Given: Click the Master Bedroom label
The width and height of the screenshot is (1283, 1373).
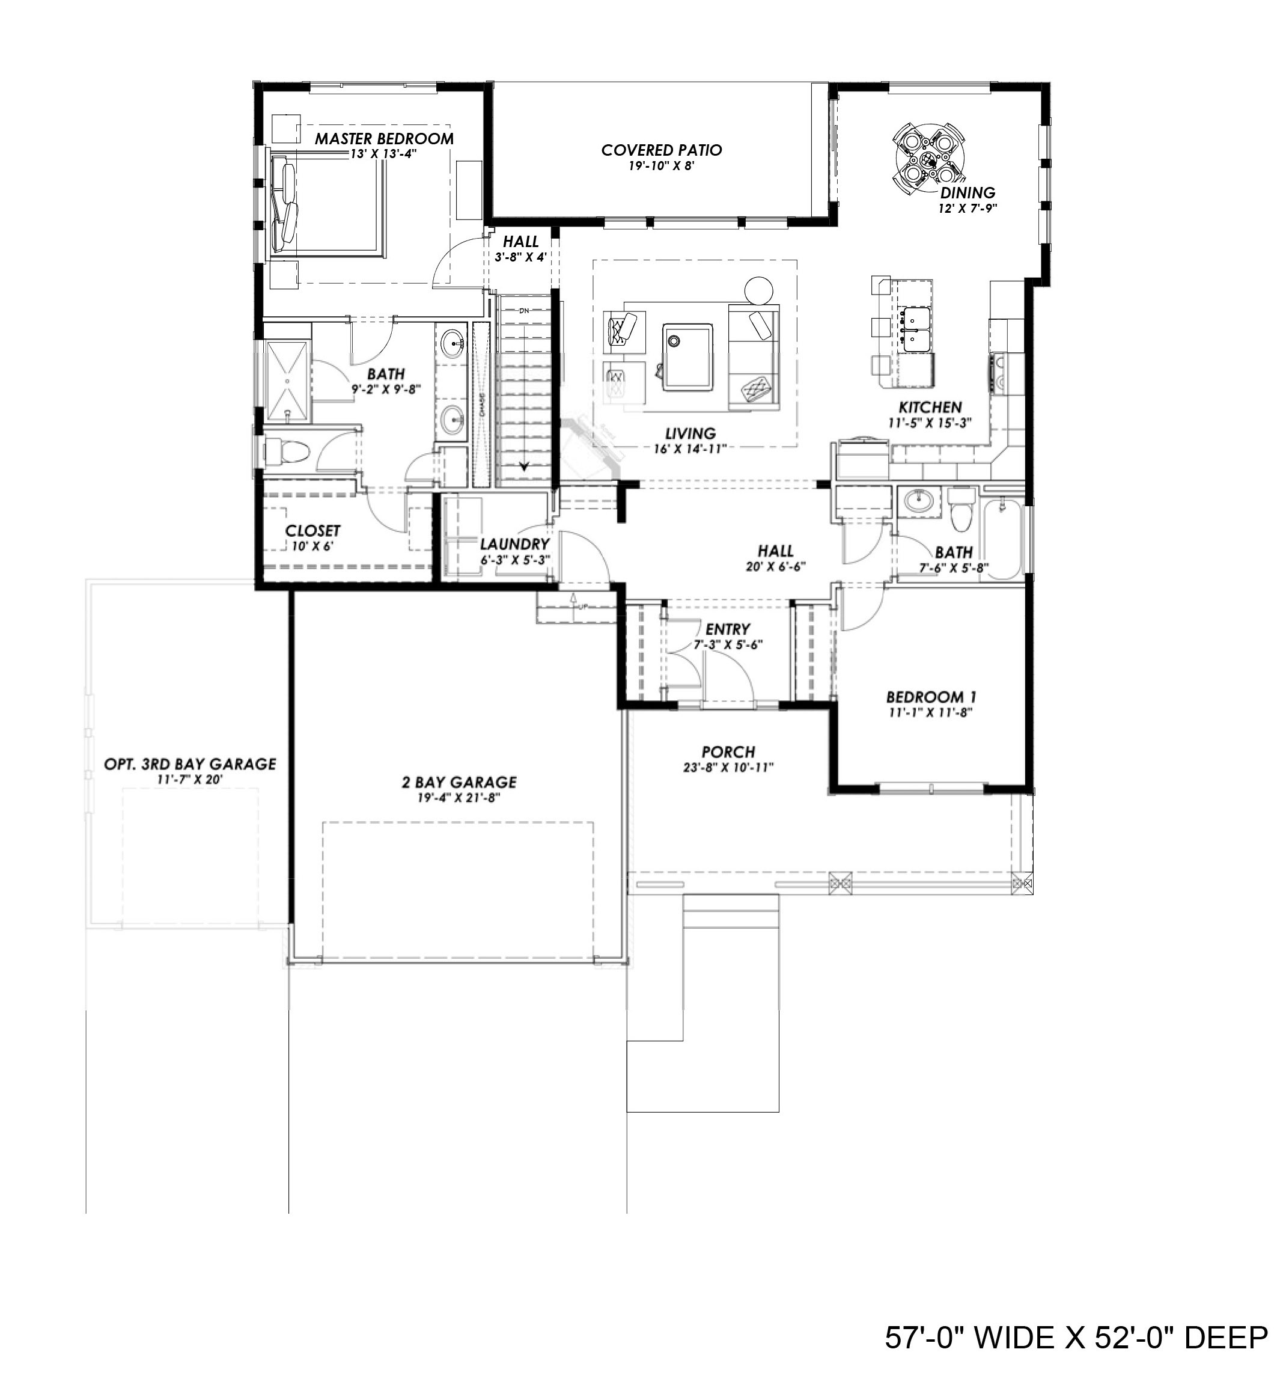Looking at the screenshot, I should [384, 138].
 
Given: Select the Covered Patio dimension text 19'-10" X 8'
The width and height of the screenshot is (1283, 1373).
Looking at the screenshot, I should [662, 166].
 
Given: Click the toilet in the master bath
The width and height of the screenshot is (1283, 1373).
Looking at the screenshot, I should [288, 453].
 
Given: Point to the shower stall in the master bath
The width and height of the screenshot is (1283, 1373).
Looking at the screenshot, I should [287, 381].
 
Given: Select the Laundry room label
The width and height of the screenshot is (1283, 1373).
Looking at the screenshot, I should [514, 544].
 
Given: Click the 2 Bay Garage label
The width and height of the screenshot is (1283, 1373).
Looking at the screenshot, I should [459, 782].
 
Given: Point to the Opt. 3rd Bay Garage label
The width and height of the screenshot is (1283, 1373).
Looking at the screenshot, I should [190, 764].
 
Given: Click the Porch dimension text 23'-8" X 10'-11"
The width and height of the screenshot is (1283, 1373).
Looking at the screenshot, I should [728, 767].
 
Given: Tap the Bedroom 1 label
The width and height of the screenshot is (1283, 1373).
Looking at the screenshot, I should [931, 697].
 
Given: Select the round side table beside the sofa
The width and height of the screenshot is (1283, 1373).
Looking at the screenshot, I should [759, 291].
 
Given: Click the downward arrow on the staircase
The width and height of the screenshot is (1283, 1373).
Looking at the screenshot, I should [524, 467].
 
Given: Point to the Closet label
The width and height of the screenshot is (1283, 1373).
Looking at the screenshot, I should [313, 530].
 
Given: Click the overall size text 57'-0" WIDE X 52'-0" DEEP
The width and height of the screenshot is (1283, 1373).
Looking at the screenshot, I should [1076, 1337].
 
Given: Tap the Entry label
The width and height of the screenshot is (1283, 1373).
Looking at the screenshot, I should [728, 629].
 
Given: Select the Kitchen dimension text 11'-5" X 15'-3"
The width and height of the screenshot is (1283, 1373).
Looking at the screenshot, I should [930, 423].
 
